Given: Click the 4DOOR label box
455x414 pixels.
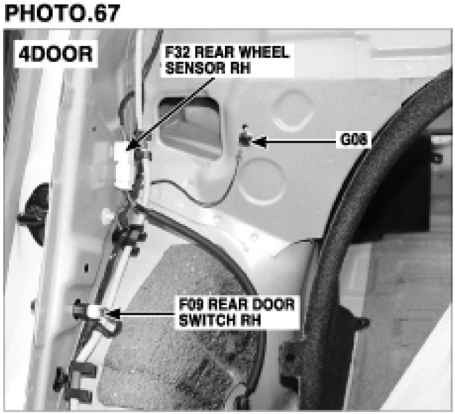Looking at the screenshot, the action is (x=56, y=54).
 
